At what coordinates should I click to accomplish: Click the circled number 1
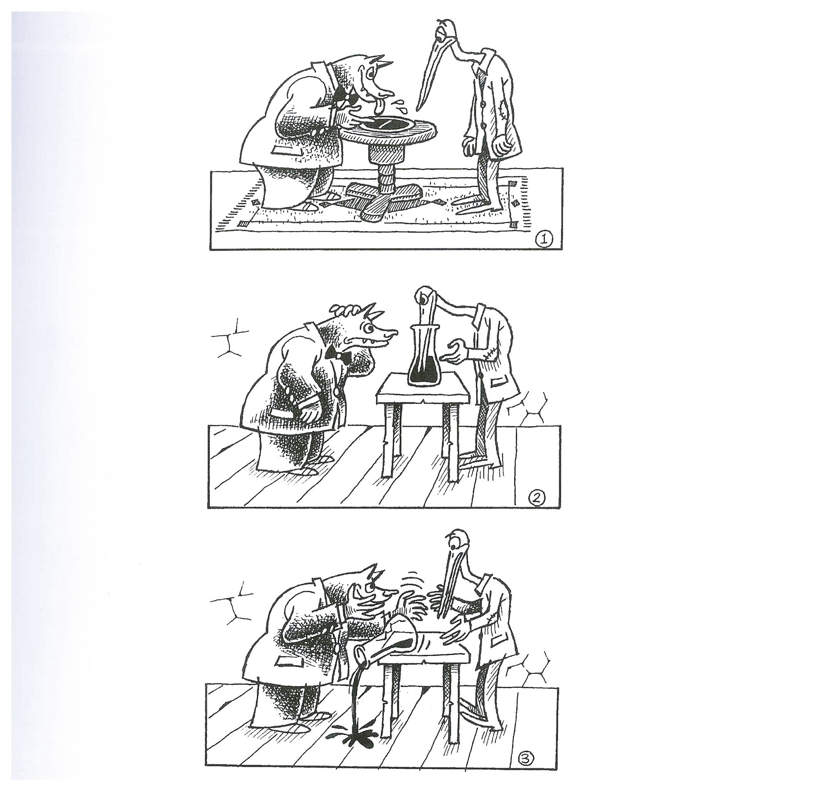click(x=544, y=240)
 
